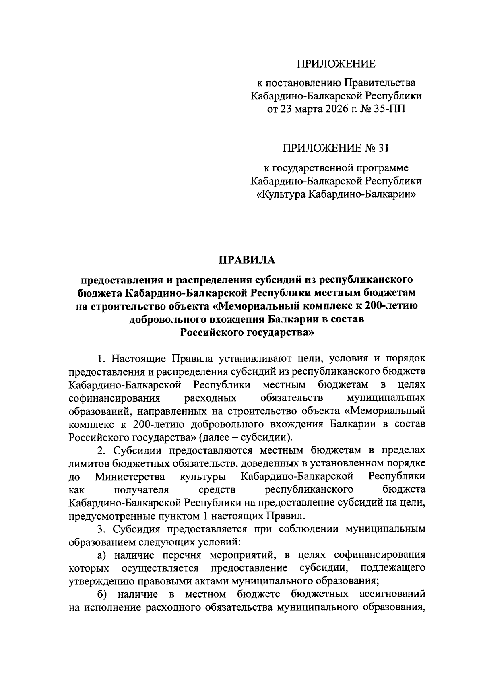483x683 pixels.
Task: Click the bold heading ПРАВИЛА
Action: [x=247, y=260]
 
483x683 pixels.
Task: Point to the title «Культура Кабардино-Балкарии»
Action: [x=336, y=194]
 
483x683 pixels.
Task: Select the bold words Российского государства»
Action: [x=247, y=332]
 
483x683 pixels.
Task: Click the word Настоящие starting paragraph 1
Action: [x=139, y=358]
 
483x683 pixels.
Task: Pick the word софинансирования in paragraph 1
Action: [x=115, y=398]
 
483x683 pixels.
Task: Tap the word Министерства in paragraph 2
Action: [x=130, y=477]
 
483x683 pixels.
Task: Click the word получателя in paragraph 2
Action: [x=141, y=490]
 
